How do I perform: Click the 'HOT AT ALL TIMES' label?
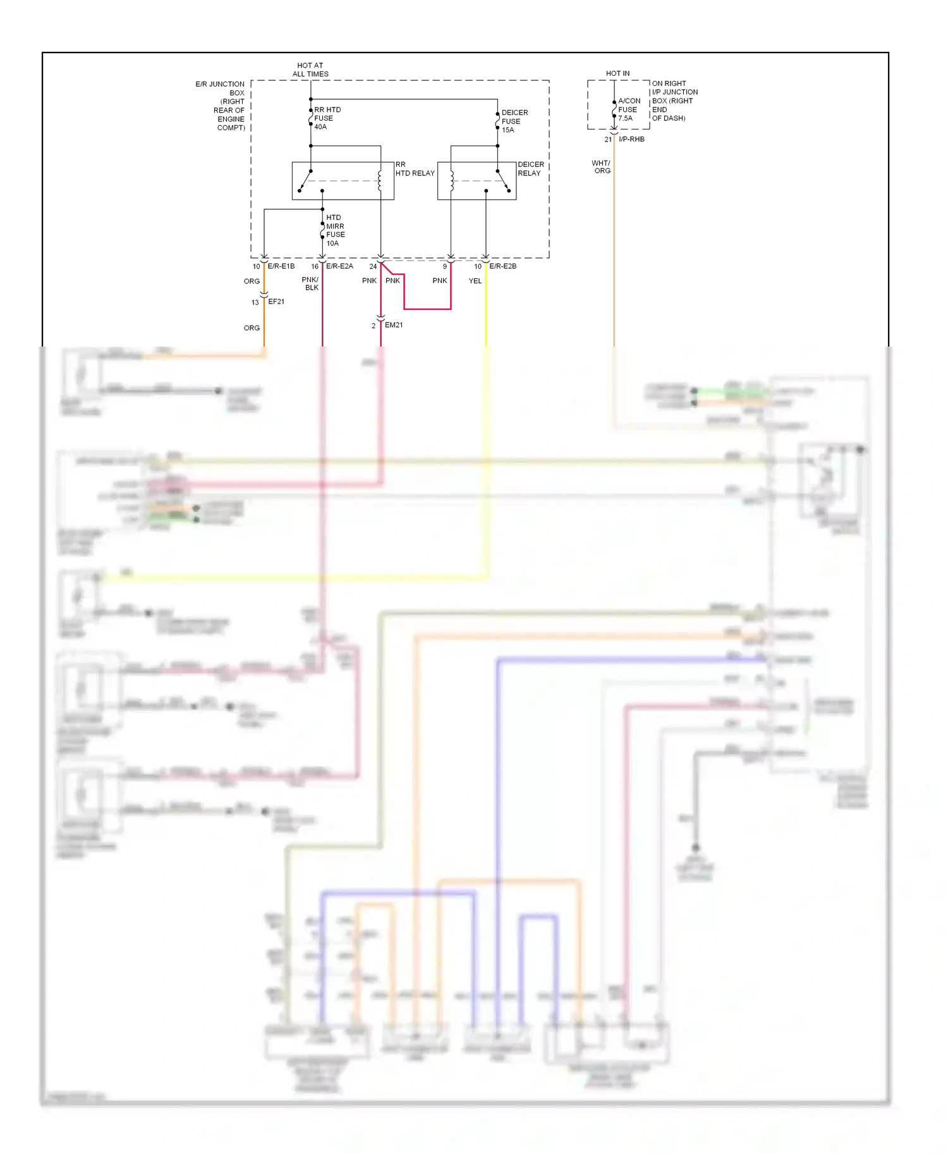(310, 70)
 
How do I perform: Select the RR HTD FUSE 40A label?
(327, 118)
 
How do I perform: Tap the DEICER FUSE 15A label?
(514, 121)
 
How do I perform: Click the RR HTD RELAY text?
(415, 169)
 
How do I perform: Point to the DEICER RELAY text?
(530, 169)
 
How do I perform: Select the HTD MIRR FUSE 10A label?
(335, 230)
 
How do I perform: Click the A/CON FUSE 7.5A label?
(628, 109)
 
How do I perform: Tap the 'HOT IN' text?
(617, 73)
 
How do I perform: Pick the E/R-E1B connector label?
(281, 266)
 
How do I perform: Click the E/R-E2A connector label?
(339, 266)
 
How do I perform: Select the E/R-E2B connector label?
(502, 266)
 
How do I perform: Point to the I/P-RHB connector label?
(631, 139)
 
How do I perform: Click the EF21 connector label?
(276, 302)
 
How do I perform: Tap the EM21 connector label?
(394, 325)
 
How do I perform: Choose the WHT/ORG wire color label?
(601, 167)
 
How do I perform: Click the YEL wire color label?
(475, 281)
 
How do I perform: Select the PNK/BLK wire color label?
(310, 283)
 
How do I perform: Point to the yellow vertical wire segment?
(485, 310)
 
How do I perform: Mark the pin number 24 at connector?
(373, 266)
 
